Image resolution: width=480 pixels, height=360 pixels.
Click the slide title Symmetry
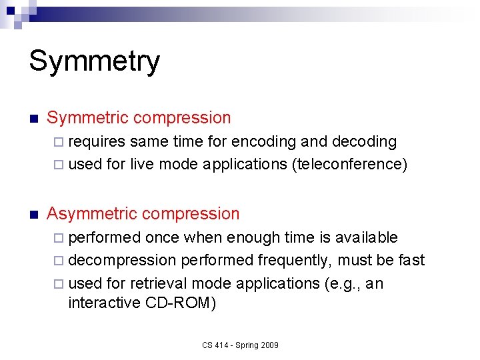pos(94,61)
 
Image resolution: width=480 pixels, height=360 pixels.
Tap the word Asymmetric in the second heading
pos(93,214)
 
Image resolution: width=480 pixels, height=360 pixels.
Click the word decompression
pos(122,260)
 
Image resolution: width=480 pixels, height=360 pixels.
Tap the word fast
pos(412,260)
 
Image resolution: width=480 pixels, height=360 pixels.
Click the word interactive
pos(104,303)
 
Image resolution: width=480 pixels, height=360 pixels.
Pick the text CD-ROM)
pos(179,303)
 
